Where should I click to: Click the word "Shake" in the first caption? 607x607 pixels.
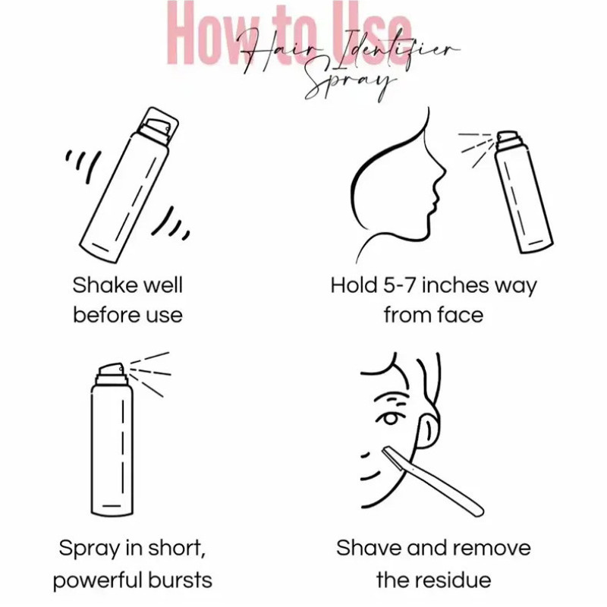[x=105, y=286]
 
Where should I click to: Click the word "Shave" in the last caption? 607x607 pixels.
[x=369, y=548]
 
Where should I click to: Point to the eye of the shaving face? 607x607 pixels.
[x=390, y=419]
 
